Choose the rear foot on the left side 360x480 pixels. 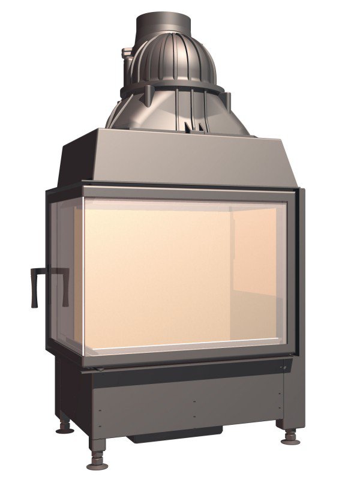pyautogui.click(x=63, y=427)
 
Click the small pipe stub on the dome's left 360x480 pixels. pyautogui.click(x=127, y=57)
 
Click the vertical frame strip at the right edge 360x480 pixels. pyautogui.click(x=300, y=270)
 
